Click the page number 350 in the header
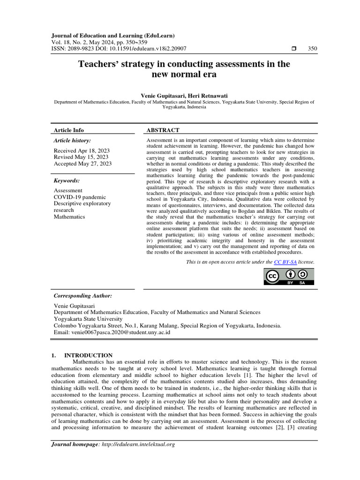pyautogui.click(x=311, y=48)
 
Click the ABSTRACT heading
pyautogui.click(x=163, y=130)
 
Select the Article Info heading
pyautogui.click(x=69, y=130)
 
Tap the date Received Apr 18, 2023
pyautogui.click(x=82, y=150)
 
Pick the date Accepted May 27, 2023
pyautogui.click(x=83, y=164)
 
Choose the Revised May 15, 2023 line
pyautogui.click(x=81, y=157)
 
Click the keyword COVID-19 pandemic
pyautogui.click(x=80, y=197)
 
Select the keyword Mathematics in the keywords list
pyautogui.click(x=69, y=217)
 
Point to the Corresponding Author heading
pyautogui.click(x=83, y=296)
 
